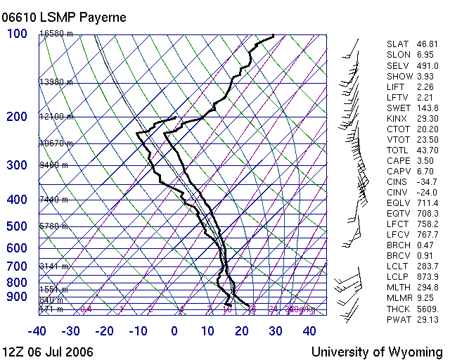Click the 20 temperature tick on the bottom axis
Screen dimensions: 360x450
(242, 331)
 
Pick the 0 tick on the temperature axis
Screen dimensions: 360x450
(174, 331)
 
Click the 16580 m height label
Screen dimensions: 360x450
(56, 34)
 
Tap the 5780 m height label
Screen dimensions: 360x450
(54, 226)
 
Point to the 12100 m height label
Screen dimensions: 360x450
(56, 117)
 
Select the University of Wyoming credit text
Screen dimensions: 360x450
(377, 352)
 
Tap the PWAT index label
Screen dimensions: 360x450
(398, 320)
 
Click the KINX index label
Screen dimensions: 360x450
(398, 119)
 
